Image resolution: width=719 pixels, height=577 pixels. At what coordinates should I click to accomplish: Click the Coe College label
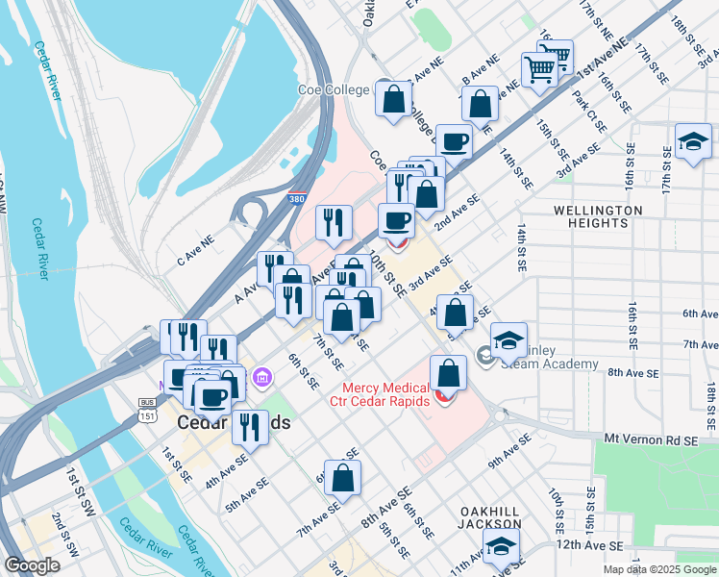(x=332, y=89)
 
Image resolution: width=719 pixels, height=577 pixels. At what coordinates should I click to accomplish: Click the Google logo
(x=32, y=564)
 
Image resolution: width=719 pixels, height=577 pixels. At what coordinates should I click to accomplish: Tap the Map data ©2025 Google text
(x=658, y=569)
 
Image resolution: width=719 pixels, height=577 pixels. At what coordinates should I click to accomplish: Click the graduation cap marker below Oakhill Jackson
(x=501, y=547)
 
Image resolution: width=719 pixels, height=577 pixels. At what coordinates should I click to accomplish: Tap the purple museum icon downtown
(x=260, y=383)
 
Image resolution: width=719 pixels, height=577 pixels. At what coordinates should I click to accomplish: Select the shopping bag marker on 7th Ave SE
(x=342, y=478)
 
